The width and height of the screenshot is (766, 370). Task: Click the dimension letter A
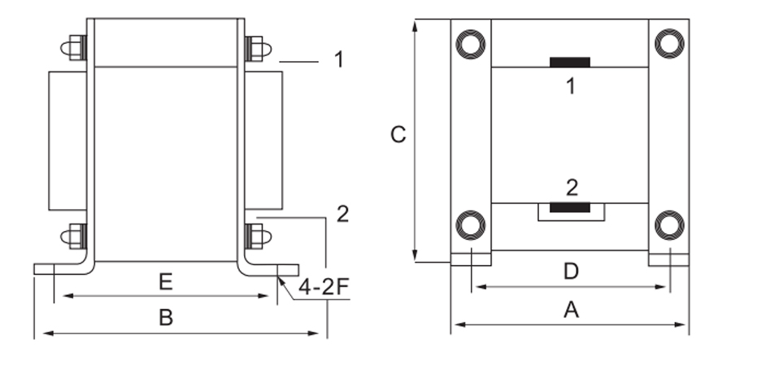(x=571, y=309)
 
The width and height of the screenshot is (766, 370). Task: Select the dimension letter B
(x=166, y=317)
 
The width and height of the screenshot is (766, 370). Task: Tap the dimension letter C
(x=398, y=135)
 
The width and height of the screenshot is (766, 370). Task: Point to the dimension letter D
(x=571, y=271)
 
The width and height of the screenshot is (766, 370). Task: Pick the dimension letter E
(x=166, y=282)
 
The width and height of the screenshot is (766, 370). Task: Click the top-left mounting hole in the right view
(x=470, y=43)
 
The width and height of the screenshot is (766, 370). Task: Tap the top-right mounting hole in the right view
(x=668, y=43)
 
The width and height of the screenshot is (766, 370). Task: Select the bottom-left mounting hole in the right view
(x=470, y=224)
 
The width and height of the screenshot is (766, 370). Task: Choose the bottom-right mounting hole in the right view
(x=668, y=224)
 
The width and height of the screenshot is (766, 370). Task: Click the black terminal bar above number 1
(x=570, y=62)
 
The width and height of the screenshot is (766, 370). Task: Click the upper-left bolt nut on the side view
(x=76, y=48)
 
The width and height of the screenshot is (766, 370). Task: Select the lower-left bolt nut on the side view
(x=76, y=236)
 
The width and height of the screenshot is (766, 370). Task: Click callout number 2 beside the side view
(x=342, y=214)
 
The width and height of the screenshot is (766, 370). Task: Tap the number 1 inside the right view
(x=571, y=85)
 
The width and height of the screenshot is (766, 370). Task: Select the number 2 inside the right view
(x=572, y=189)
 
